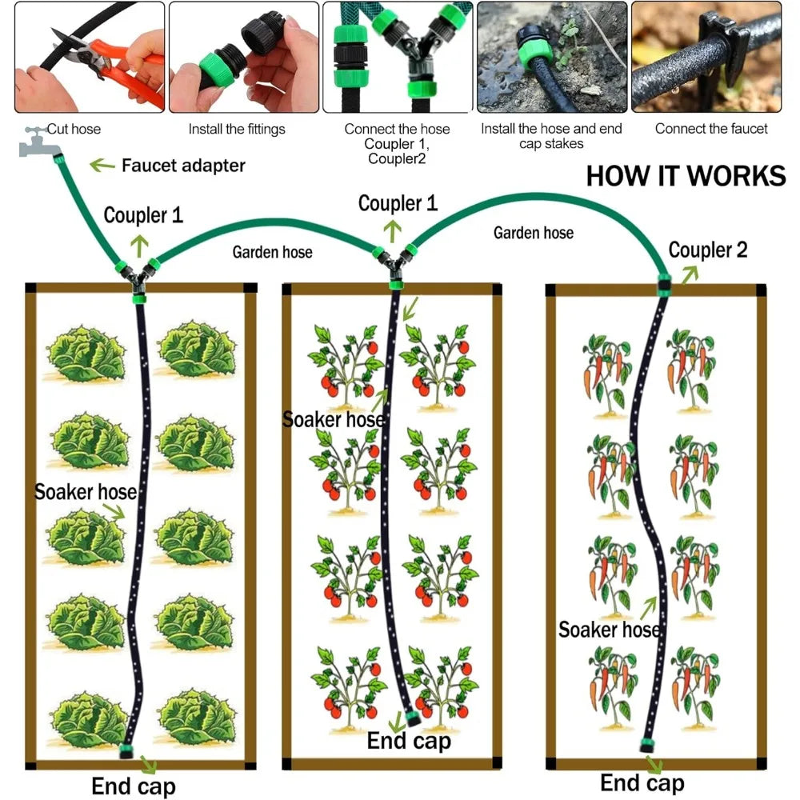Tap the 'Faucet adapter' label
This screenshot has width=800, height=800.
tap(183, 166)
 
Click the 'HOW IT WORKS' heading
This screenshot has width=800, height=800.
tap(686, 176)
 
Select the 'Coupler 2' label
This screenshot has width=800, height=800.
tap(708, 250)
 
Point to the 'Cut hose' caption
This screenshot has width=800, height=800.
tap(74, 129)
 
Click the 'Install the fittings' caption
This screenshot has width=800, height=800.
tap(237, 130)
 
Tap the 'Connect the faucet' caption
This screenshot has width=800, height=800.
tap(711, 129)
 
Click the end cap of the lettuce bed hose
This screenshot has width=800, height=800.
tap(126, 750)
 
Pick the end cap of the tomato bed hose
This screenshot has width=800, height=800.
tap(412, 719)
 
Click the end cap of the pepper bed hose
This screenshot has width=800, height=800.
tap(647, 745)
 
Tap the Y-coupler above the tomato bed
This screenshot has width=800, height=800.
tap(395, 266)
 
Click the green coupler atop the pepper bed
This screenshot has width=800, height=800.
tap(664, 286)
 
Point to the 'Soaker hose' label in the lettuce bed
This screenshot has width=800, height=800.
tap(86, 492)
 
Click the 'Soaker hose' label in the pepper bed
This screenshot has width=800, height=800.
tap(609, 630)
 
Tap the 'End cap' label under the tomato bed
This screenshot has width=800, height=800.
tap(409, 741)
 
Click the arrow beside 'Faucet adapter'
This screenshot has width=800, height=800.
tap(102, 165)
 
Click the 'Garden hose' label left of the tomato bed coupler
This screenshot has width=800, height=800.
tap(273, 252)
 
